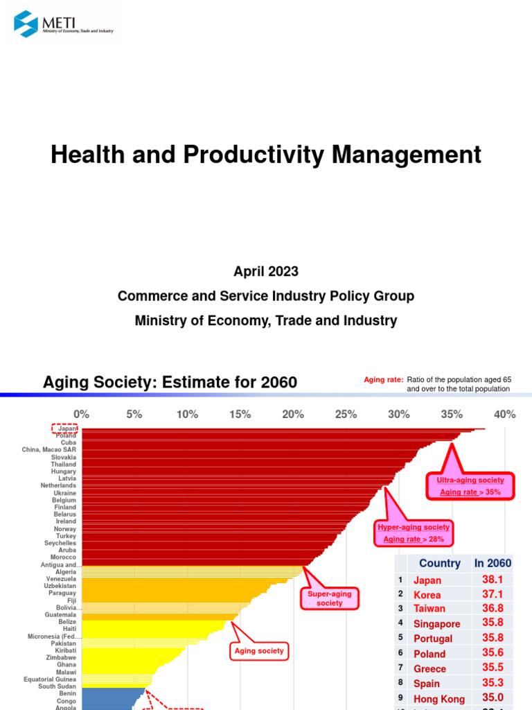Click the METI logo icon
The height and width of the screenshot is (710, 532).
pos(26,24)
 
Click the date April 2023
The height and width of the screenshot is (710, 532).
pos(265,272)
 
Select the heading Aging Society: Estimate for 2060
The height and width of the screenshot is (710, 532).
pos(170,382)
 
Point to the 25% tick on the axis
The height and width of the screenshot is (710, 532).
pos(346,415)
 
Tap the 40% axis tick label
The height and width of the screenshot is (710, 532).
pos(505,415)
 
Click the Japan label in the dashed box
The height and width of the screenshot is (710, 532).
pos(66,429)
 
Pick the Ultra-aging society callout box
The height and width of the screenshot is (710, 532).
pos(470,486)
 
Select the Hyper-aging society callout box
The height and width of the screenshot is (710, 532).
pos(414,533)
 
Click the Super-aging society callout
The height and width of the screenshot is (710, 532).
pos(330,598)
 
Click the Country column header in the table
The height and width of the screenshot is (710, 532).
pos(439,564)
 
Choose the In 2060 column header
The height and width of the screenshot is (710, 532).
pos(493,564)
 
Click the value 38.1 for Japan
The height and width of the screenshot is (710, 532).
pos(493,580)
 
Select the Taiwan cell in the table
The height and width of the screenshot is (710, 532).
pos(429,609)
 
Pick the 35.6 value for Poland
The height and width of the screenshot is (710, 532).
pos(493,652)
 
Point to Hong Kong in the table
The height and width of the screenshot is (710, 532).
pos(439,698)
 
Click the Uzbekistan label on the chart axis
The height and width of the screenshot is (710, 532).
pos(60,586)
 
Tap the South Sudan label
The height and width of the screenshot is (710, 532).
pos(57,686)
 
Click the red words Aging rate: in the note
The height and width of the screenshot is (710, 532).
pos(384,379)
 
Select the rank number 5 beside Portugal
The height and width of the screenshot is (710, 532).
pos(400,638)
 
